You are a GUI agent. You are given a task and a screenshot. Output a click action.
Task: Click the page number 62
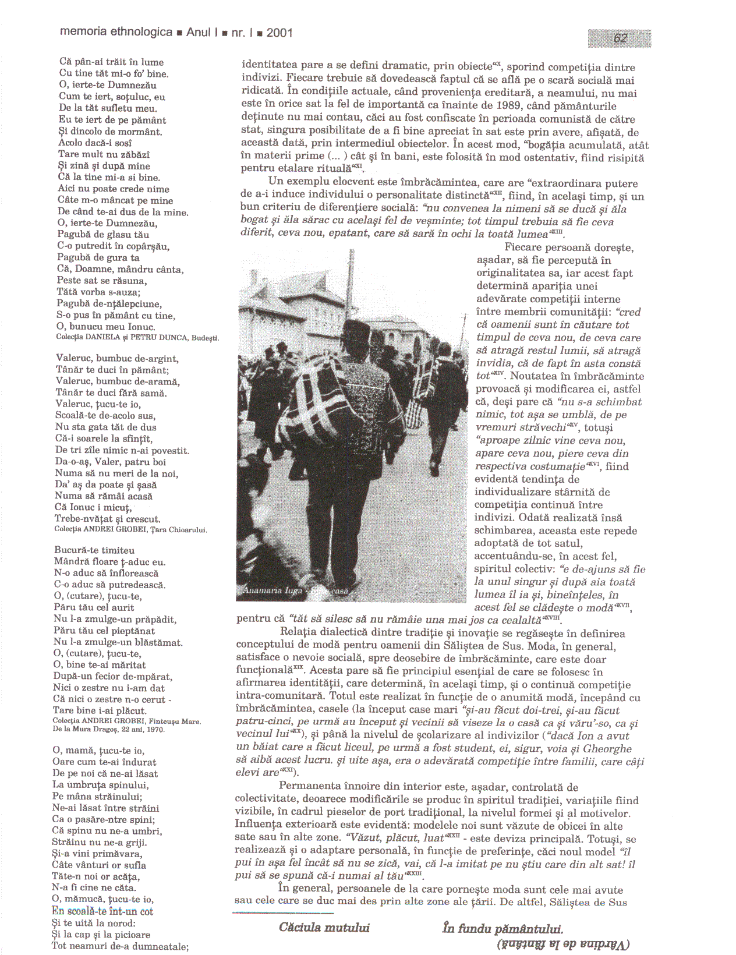click(620, 38)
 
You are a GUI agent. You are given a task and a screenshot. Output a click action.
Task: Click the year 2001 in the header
click(279, 33)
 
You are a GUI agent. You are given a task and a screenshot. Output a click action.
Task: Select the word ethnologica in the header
click(141, 32)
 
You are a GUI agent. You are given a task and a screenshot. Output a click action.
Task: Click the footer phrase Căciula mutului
click(324, 928)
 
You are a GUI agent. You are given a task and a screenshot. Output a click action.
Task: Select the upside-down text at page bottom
click(563, 943)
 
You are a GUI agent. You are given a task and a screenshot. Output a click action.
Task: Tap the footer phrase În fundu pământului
click(503, 928)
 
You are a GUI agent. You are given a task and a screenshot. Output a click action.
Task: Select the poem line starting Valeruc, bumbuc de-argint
click(117, 359)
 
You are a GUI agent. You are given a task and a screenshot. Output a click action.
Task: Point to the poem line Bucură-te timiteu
click(94, 550)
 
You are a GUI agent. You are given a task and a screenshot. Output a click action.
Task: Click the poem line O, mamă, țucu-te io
click(98, 751)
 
